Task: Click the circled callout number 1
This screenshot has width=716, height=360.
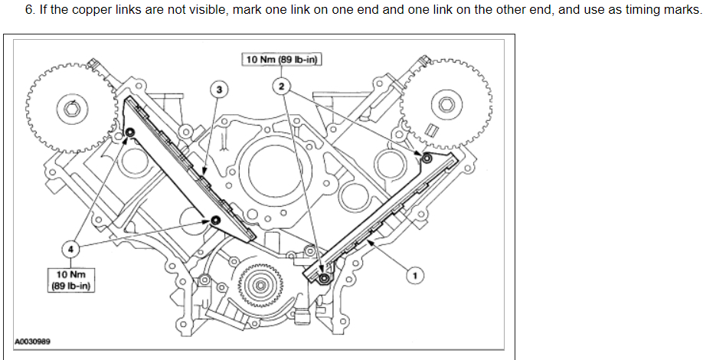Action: coord(414,273)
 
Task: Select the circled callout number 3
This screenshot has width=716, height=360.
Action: coord(219,90)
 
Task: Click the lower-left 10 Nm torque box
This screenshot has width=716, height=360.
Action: coord(70,280)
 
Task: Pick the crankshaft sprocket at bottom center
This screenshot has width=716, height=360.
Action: coord(261,286)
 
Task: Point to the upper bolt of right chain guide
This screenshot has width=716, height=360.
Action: coord(427,157)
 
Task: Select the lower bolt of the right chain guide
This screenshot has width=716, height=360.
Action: coord(325,277)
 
